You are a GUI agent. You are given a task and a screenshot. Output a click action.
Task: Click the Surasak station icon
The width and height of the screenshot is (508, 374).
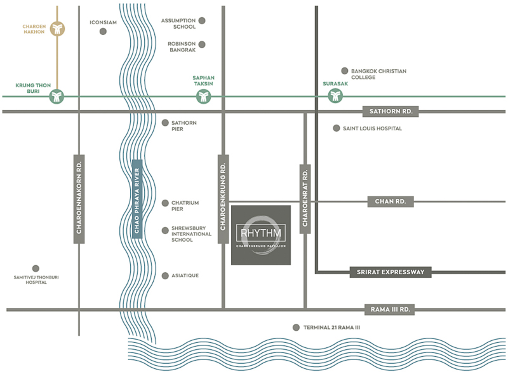[x=335, y=96]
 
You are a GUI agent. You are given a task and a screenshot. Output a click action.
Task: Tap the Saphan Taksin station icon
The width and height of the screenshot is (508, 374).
[x=203, y=97]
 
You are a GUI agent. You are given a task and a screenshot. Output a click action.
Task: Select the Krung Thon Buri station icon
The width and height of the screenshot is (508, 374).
[x=58, y=97]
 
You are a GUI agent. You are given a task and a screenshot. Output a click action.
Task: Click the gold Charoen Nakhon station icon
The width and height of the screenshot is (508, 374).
[x=58, y=29]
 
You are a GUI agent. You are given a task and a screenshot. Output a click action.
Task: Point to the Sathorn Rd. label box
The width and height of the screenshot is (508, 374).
[x=391, y=111]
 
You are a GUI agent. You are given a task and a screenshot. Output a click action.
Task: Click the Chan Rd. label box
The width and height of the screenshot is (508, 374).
[x=391, y=202]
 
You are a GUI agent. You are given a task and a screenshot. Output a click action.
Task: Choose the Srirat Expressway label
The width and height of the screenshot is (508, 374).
[x=391, y=272]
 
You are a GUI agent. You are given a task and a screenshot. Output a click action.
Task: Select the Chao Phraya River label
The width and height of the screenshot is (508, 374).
[x=136, y=200]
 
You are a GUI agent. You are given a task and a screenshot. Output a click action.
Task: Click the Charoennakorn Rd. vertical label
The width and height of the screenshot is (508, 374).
[x=80, y=199]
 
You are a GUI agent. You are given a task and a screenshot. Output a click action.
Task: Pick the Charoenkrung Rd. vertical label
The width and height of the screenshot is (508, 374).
[x=223, y=198]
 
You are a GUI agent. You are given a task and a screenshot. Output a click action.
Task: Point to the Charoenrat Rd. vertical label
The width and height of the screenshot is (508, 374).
[x=305, y=199]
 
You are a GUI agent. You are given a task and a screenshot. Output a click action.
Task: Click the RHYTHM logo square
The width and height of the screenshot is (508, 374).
[x=260, y=235]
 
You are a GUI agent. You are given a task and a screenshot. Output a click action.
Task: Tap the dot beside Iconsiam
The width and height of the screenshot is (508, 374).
[x=104, y=31]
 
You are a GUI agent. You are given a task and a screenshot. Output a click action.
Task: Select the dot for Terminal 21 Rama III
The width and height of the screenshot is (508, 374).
[x=295, y=328]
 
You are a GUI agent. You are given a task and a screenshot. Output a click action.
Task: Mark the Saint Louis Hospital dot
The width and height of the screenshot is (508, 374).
[x=337, y=128]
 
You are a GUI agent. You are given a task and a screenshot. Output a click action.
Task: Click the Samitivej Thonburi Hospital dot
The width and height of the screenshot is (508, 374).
[x=36, y=268]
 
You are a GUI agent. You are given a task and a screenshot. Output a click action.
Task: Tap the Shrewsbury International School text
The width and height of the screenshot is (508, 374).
[x=191, y=233]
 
